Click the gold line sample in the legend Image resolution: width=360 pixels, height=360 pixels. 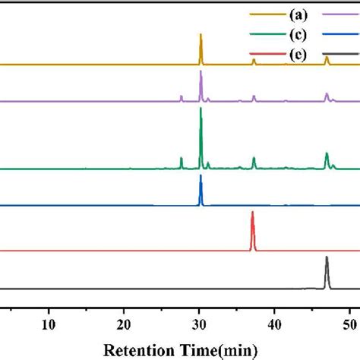click(x=262, y=14)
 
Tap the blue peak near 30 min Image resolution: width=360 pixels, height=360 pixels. click(x=201, y=186)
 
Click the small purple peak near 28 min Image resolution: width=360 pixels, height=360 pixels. click(x=182, y=98)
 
